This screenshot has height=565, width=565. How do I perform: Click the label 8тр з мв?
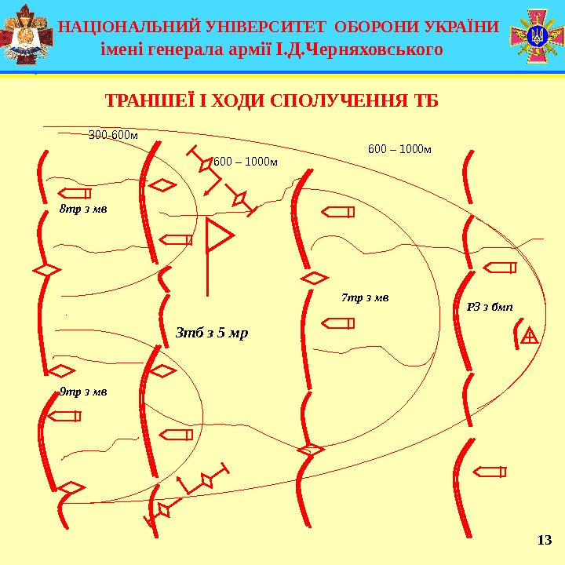tap(83, 210)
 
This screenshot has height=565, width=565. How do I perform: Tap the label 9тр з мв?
tap(83, 390)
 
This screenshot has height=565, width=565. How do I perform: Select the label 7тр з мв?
tap(365, 297)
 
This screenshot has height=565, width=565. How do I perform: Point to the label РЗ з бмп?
tap(484, 306)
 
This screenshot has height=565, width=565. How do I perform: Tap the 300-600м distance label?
tap(113, 135)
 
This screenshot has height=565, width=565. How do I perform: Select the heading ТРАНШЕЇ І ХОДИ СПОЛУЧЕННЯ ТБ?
tap(271, 102)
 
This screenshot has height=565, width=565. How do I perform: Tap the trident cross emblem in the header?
tap(538, 35)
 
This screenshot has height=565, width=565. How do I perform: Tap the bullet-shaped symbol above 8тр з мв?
tap(75, 193)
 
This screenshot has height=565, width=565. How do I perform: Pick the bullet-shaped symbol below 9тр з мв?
tap(64, 417)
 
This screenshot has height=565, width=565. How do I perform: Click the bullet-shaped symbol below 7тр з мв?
tap(337, 322)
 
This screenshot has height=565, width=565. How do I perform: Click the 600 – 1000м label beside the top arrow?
tap(246, 162)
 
